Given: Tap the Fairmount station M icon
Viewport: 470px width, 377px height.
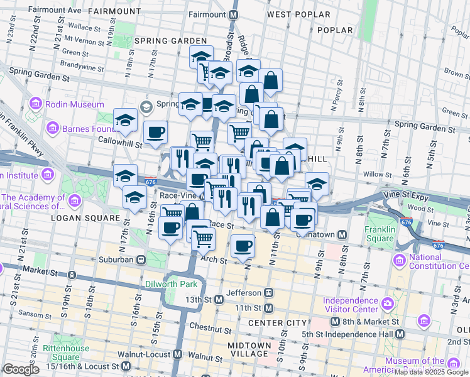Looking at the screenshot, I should click(234, 14).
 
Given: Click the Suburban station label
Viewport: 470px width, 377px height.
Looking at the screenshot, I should click(116, 259).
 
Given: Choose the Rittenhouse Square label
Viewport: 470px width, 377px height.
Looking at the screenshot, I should click(65, 353).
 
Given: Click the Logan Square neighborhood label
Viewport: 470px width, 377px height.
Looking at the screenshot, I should click(84, 218).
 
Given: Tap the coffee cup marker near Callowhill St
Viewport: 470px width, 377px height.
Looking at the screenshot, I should click(155, 133).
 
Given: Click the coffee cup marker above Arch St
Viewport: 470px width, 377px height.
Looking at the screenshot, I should click(243, 246).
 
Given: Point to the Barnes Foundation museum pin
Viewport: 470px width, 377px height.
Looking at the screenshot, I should click(52, 129).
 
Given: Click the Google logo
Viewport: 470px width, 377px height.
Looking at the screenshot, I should click(21, 369).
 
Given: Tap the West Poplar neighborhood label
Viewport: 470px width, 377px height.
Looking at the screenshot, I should click(297, 14).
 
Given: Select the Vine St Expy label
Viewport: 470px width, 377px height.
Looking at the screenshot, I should click(410, 197).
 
